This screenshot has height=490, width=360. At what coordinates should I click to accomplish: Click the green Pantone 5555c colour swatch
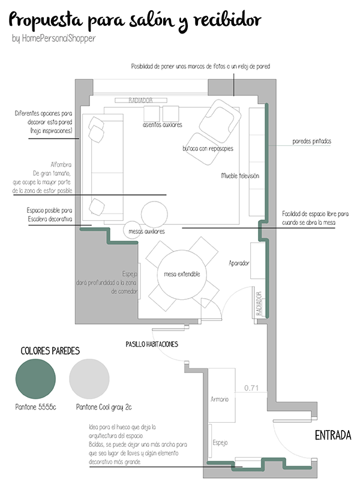[35, 379]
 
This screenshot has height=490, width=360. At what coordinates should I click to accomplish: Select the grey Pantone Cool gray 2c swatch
[89, 379]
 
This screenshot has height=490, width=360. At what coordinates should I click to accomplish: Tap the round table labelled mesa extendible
[182, 274]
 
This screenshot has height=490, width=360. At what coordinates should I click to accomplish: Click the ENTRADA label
[333, 435]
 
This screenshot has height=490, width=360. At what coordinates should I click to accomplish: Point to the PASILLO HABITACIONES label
[152, 344]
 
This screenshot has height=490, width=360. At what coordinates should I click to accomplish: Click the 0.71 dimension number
[251, 388]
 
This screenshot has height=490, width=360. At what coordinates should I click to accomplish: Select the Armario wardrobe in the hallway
[221, 395]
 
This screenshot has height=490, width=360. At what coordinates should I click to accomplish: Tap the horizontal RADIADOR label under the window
[140, 100]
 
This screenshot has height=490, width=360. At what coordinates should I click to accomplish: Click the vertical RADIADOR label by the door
[259, 303]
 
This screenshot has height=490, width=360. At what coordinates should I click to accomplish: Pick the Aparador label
[239, 263]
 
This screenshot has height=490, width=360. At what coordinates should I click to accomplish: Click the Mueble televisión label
[240, 176]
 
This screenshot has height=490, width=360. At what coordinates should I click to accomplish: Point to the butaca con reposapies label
[208, 148]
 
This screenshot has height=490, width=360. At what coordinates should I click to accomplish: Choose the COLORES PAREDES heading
[50, 351]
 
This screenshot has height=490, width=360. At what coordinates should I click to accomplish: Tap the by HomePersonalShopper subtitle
[54, 38]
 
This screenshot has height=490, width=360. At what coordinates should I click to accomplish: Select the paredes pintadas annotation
[311, 142]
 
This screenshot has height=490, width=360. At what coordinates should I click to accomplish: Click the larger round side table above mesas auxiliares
[154, 214]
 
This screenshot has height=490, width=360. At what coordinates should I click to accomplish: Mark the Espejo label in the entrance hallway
[220, 443]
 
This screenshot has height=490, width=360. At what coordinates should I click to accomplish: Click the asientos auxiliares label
[162, 125]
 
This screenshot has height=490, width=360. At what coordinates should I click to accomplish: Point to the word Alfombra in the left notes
[61, 164]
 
